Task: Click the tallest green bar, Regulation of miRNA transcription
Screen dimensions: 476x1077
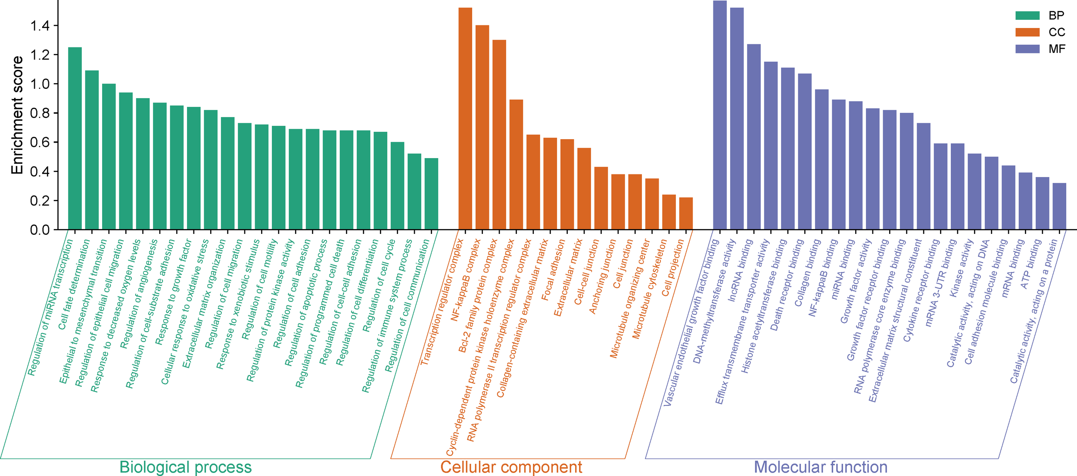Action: (75, 138)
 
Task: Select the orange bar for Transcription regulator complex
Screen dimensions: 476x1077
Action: (465, 118)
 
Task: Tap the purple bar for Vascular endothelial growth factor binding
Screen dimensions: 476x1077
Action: (720, 115)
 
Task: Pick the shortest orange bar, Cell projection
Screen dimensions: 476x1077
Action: (686, 213)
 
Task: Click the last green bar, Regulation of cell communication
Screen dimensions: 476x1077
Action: (431, 194)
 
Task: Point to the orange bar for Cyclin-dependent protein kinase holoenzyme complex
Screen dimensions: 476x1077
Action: (516, 165)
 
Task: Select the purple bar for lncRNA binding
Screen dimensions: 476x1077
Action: (754, 137)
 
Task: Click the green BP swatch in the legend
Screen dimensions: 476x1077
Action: (1027, 16)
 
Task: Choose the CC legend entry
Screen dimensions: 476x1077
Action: (1056, 32)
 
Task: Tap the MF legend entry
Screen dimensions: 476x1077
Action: (1056, 49)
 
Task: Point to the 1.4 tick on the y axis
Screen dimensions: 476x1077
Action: (40, 26)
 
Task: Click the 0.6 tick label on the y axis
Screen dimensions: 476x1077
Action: (40, 142)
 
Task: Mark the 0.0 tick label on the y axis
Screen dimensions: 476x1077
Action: (40, 230)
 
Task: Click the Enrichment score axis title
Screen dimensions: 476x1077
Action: (17, 115)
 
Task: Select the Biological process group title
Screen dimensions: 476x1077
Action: (185, 467)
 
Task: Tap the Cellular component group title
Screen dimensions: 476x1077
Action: (511, 467)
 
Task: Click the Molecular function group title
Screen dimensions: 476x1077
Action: (821, 467)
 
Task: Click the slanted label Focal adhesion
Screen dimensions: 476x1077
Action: (553, 270)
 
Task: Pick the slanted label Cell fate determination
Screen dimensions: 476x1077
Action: (74, 284)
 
